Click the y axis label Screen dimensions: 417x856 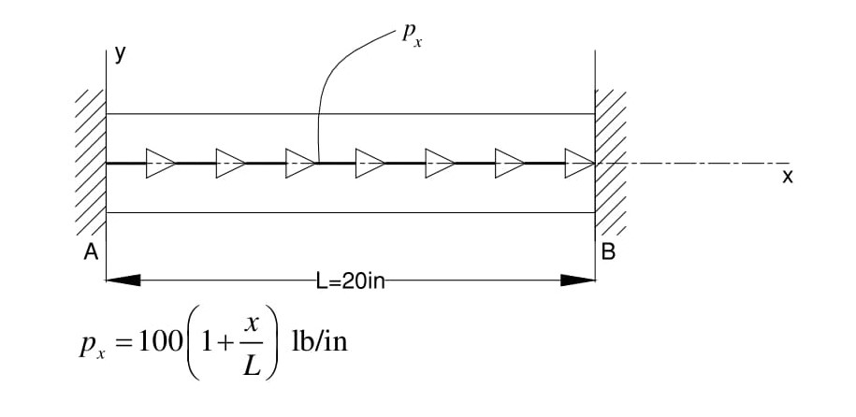120,53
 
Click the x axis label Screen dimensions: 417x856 787,176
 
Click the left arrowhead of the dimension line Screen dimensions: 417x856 123,280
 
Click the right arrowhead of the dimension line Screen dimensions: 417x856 578,280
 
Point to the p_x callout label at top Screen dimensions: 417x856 411,36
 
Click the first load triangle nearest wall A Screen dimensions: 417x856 160,163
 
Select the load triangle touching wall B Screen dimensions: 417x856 579,163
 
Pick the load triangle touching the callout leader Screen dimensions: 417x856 300,163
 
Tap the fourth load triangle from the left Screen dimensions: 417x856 370,163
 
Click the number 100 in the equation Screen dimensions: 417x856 150,343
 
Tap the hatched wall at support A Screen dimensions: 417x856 91,164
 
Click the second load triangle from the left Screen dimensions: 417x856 230,163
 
